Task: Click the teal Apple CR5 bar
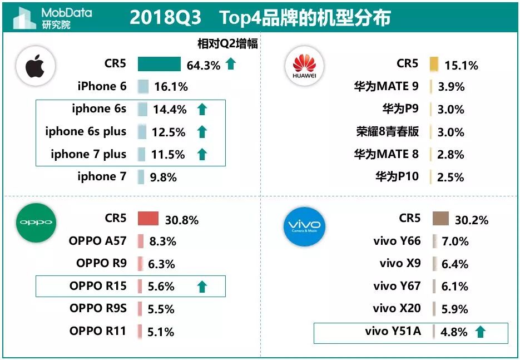(159, 65)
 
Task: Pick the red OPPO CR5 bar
(148, 219)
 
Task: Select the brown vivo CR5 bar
(440, 219)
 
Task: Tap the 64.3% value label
(204, 66)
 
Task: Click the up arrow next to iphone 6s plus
(202, 132)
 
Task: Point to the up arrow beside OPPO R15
(202, 287)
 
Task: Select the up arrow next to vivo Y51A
(480, 332)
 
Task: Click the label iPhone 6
(102, 86)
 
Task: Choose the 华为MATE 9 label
(386, 86)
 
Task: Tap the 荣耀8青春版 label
(387, 132)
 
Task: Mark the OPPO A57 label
(98, 241)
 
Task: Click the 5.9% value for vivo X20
(454, 309)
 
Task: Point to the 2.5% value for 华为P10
(450, 177)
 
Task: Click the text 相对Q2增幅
(227, 43)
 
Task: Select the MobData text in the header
(67, 12)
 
